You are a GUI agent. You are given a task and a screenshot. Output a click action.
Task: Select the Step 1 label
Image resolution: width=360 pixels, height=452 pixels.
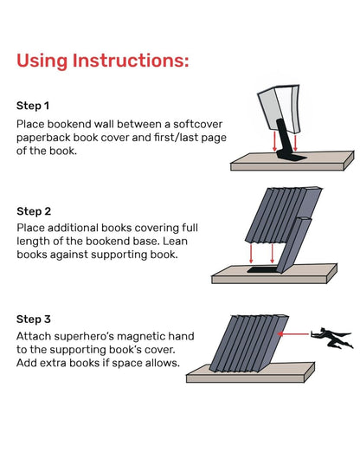[34, 106]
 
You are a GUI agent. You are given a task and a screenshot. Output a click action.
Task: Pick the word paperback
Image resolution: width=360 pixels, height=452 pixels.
[48, 138]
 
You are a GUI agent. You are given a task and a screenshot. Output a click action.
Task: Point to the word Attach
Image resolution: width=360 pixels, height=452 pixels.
[35, 334]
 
